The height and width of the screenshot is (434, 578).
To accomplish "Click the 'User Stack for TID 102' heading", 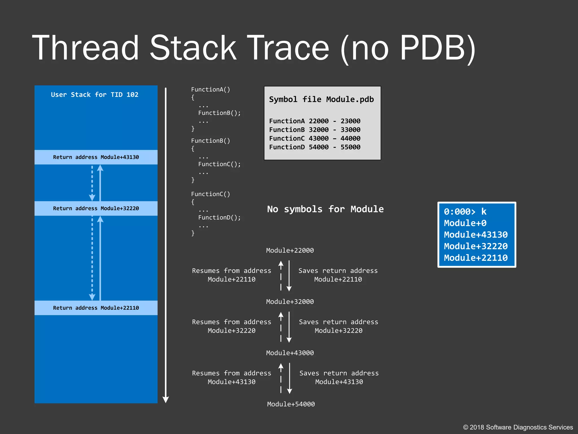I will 95,95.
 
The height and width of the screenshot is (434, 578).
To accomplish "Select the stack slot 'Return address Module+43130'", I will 96,157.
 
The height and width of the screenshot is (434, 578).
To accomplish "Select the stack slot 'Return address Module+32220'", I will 96,209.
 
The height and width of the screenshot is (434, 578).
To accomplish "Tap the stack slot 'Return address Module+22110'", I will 96,308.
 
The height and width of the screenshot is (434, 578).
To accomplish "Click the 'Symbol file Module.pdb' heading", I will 321,99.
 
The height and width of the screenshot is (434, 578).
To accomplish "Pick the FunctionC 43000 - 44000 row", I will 315,138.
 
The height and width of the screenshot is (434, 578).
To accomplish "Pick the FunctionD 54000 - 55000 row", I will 315,147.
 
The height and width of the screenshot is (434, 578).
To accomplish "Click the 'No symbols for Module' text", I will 325,209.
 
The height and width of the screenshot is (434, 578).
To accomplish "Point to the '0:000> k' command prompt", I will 465,212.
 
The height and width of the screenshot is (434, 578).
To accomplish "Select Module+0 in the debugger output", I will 465,223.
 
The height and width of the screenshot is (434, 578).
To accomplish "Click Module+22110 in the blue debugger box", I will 476,258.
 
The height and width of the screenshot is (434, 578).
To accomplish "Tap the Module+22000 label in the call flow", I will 290,250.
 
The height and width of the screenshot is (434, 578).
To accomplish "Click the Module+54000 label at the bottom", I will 291,404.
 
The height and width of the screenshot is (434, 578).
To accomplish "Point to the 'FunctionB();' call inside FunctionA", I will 219,113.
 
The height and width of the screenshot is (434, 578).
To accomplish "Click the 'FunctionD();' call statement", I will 219,218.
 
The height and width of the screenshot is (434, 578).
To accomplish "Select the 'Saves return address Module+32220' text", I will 338,326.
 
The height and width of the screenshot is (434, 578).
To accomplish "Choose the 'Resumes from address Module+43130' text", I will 231,377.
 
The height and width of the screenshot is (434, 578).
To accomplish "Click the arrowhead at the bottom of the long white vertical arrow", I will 166,400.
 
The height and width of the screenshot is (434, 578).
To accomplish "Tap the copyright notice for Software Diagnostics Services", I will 518,427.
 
